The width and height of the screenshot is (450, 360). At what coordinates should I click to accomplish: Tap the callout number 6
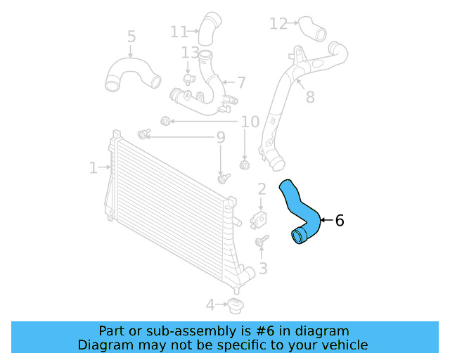point(340,221)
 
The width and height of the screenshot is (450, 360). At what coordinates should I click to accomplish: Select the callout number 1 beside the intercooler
point(93,167)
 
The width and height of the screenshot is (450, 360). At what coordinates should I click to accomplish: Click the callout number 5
point(131,37)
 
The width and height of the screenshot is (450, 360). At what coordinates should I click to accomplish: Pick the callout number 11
point(179,32)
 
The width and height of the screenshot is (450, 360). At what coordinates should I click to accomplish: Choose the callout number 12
point(278,24)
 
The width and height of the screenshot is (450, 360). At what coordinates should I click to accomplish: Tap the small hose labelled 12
point(311,28)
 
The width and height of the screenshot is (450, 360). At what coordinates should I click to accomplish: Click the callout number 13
point(190,53)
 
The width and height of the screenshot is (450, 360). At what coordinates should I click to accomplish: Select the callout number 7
point(240,82)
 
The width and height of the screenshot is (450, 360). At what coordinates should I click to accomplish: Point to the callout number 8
point(309,97)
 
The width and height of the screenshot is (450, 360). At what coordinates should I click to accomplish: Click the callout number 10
point(250,122)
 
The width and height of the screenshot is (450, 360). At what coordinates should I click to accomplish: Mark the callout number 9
point(220,139)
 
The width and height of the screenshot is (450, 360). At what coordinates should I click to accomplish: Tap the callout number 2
point(262,188)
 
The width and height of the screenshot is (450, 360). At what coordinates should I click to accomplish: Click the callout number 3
point(263,268)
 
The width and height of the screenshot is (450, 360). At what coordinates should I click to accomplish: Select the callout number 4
point(210,305)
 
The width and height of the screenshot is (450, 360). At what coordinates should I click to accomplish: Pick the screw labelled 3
point(262,242)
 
